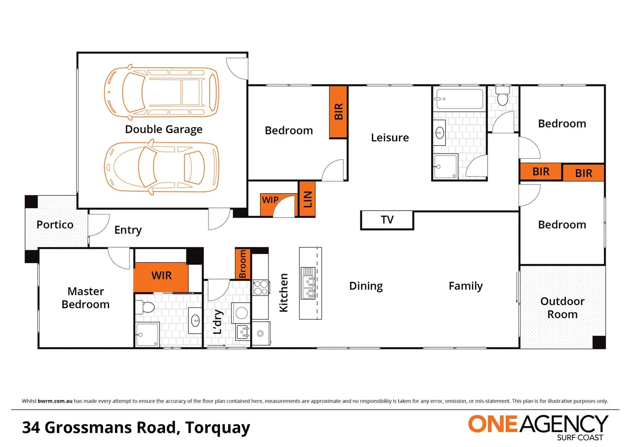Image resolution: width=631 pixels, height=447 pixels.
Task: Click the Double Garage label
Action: [164, 130]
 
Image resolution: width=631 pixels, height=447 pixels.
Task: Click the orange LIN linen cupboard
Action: [307, 199]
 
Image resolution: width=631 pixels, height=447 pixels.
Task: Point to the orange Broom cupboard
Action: [242, 264]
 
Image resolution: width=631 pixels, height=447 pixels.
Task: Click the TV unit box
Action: [387, 220]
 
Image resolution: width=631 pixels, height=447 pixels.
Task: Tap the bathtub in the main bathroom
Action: [459, 99]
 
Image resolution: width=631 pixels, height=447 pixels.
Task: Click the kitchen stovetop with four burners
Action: [261, 288]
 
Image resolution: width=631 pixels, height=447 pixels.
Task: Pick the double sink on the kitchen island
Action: [308, 283]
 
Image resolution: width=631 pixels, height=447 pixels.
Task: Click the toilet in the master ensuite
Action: [144, 307]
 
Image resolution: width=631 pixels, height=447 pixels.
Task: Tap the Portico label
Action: [55, 225]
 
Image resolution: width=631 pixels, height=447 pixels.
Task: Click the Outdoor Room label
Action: [562, 308]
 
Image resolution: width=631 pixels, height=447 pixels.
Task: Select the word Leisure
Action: [390, 138]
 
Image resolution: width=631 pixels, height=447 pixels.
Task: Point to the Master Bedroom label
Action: [86, 298]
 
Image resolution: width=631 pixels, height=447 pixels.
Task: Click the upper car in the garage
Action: [161, 91]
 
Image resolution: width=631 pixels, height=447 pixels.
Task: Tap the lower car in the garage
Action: [161, 168]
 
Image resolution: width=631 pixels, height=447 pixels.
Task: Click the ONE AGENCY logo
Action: [538, 426]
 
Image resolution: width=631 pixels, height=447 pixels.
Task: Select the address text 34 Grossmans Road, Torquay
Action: [136, 428]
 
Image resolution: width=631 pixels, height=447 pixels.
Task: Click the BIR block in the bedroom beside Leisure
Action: [338, 112]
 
